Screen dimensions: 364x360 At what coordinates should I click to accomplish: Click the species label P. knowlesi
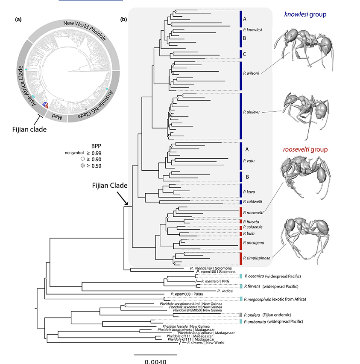[252, 30]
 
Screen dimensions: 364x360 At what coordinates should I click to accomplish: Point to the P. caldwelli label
[252, 201]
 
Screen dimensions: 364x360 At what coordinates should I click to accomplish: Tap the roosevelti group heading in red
[305, 150]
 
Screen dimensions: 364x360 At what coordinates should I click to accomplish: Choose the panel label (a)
[18, 19]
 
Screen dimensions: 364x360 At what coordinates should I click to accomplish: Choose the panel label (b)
[123, 19]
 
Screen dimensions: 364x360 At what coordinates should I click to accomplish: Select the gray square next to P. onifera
[241, 314]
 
